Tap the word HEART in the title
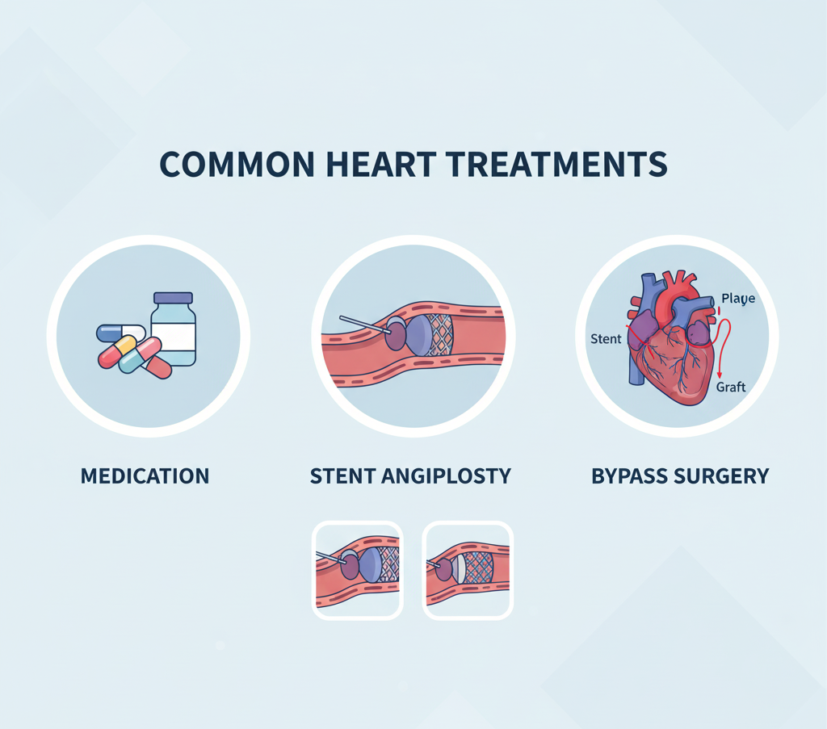(387, 164)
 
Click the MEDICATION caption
(145, 476)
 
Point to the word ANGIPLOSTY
(451, 476)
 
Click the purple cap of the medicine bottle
(173, 298)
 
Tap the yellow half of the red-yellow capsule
(125, 346)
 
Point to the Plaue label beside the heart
(738, 299)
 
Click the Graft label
(731, 387)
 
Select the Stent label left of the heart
(606, 338)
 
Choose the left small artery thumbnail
(357, 570)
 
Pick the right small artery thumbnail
(468, 570)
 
